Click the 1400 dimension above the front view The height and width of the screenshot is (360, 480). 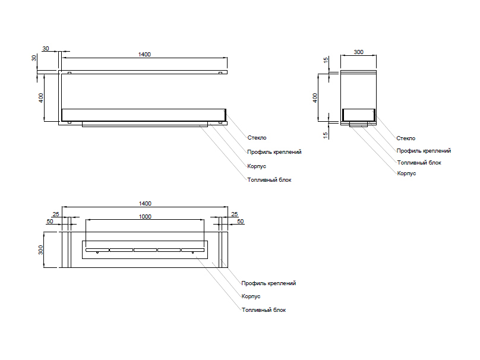pyautogui.click(x=144, y=55)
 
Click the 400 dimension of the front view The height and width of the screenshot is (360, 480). pyautogui.click(x=41, y=98)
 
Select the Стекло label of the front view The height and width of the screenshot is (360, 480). pyautogui.click(x=257, y=138)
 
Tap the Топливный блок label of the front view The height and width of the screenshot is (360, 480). pyautogui.click(x=269, y=179)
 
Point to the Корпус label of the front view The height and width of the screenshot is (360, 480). pyautogui.click(x=256, y=166)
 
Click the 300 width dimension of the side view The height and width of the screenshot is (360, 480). pyautogui.click(x=358, y=52)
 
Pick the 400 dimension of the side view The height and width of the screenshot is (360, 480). pyautogui.click(x=315, y=97)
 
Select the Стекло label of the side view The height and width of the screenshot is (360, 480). pyautogui.click(x=406, y=138)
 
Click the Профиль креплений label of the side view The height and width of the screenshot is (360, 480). pyautogui.click(x=424, y=151)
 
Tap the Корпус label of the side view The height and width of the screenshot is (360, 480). pyautogui.click(x=406, y=173)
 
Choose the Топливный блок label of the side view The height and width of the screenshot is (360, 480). pyautogui.click(x=419, y=162)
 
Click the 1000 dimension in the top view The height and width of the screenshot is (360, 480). pyautogui.click(x=145, y=217)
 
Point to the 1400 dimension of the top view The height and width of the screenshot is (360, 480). pyautogui.click(x=145, y=203)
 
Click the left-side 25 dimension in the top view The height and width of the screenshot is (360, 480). pyautogui.click(x=56, y=214)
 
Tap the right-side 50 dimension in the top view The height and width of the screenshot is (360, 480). pyautogui.click(x=241, y=222)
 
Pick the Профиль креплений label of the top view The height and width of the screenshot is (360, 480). pyautogui.click(x=269, y=283)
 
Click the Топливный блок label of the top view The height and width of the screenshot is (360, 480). pyautogui.click(x=264, y=310)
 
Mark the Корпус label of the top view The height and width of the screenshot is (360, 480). pyautogui.click(x=251, y=296)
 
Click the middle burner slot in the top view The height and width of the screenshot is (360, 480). pyautogui.click(x=145, y=250)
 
